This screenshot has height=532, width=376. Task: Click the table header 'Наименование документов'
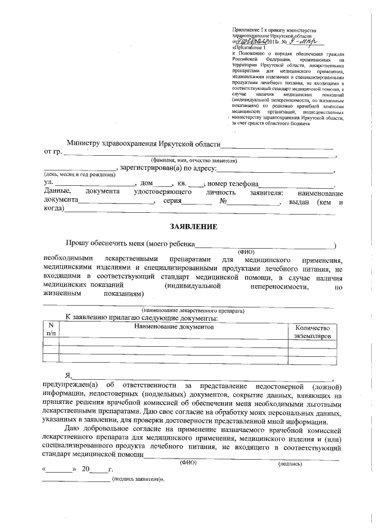(173, 326)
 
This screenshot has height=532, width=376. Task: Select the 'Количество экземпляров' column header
(313, 332)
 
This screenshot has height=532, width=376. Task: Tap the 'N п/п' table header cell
(51, 330)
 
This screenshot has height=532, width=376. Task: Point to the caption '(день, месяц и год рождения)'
(69, 175)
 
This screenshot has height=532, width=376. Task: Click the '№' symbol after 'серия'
(223, 201)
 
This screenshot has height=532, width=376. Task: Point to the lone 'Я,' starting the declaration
(68, 376)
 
